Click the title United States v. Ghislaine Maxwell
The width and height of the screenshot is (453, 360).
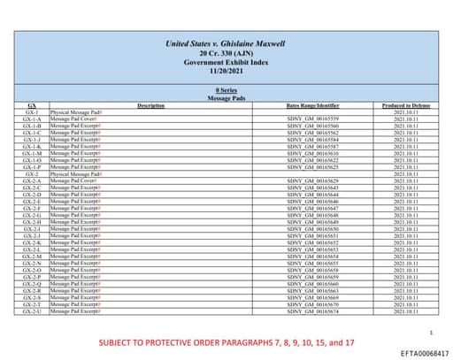tap(226, 44)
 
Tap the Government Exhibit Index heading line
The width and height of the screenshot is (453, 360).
tap(226, 63)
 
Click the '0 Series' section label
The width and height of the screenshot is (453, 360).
tap(226, 91)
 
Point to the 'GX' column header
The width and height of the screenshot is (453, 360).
tap(32, 105)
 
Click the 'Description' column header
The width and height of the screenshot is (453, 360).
tap(151, 105)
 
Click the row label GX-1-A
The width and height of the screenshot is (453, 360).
tap(32, 119)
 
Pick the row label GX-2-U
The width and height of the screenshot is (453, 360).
tap(32, 311)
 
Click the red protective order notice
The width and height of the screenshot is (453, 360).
tap(226, 341)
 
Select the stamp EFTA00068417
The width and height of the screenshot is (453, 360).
tap(419, 352)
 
